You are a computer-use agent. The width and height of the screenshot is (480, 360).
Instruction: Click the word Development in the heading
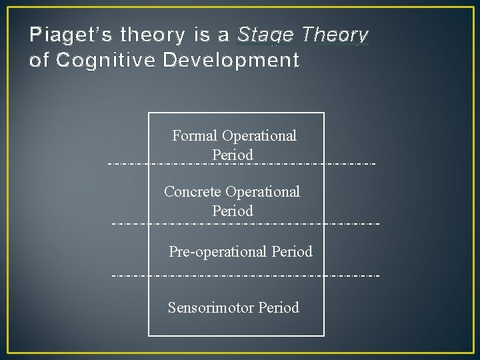[x=231, y=61]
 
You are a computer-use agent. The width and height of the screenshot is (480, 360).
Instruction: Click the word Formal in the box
[x=195, y=136]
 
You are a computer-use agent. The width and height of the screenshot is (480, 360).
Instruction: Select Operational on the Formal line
[x=259, y=136]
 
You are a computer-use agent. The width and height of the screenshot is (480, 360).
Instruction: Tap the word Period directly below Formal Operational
[x=233, y=155]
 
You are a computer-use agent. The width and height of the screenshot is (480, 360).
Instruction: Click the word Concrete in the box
[x=193, y=192]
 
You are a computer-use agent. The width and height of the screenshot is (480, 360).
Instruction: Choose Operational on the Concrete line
[x=263, y=192]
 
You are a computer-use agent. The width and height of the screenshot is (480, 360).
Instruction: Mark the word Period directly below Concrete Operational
[x=233, y=211]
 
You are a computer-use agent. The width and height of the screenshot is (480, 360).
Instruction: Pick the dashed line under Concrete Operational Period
[x=245, y=223]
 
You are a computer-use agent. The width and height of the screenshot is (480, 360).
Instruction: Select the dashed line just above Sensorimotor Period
[x=245, y=275]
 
